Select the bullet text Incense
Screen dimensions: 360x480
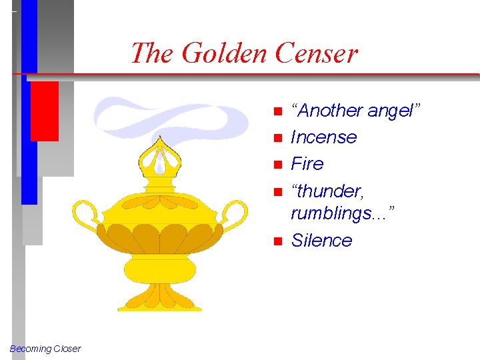click(x=323, y=137)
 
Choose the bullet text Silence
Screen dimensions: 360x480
click(x=321, y=241)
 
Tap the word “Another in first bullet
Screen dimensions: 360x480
click(x=328, y=111)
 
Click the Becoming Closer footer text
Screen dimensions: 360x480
click(x=45, y=349)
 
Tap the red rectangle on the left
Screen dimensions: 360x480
click(x=44, y=110)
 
